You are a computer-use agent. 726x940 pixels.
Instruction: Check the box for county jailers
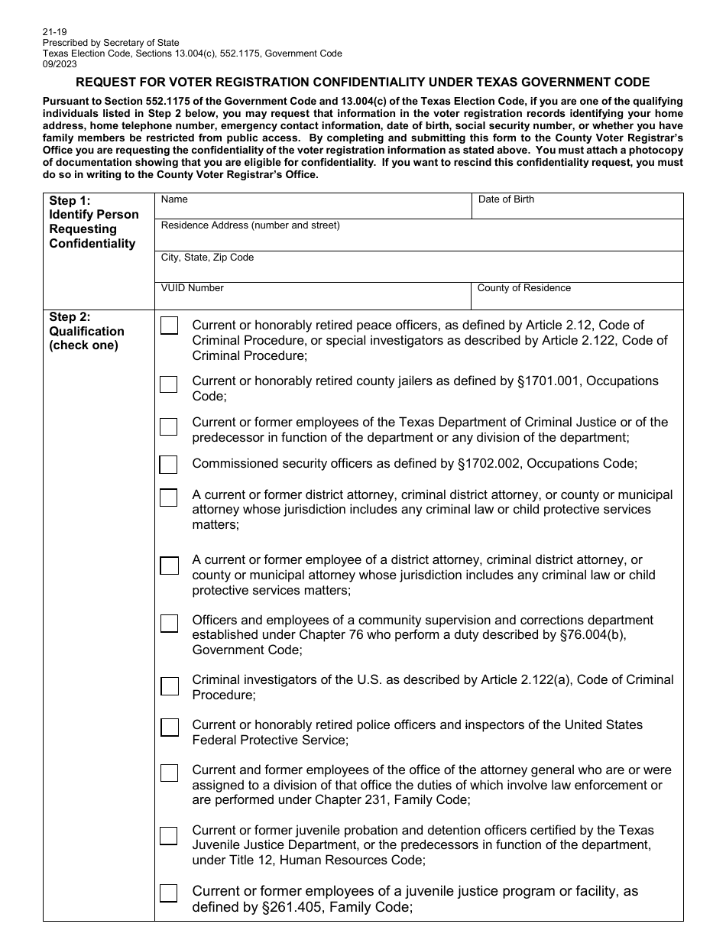[168, 384]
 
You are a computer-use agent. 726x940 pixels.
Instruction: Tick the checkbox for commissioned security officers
[168, 465]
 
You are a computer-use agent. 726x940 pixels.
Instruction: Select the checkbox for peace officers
[169, 326]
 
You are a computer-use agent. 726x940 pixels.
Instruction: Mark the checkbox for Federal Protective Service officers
[169, 727]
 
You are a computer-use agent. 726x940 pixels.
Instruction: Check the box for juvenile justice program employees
[168, 893]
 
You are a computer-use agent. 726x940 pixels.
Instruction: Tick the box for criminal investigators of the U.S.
[169, 686]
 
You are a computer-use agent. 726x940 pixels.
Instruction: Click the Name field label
[174, 199]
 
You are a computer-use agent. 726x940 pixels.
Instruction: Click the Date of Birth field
[577, 206]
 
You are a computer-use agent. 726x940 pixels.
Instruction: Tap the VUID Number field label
[193, 288]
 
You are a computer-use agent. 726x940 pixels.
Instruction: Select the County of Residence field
[577, 295]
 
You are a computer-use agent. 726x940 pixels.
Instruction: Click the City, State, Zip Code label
[207, 258]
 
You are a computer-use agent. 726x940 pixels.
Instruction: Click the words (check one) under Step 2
[84, 345]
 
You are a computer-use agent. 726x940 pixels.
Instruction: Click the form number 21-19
[54, 33]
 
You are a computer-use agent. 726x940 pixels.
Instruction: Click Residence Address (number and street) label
[250, 225]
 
